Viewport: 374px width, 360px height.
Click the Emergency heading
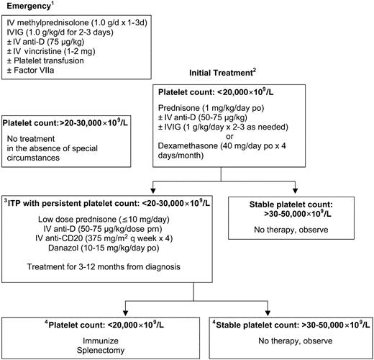point(29,9)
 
